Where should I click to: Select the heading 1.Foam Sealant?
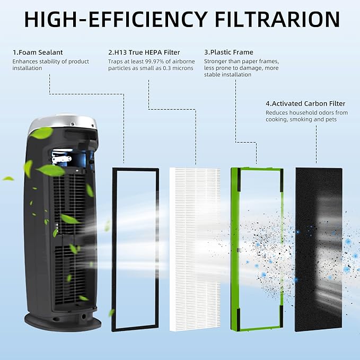[x=38, y=52]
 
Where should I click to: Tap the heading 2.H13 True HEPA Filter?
[x=144, y=52]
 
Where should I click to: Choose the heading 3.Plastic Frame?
[x=229, y=52]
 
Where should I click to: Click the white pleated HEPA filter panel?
[x=195, y=249]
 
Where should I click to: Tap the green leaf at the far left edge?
[x=8, y=179]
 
